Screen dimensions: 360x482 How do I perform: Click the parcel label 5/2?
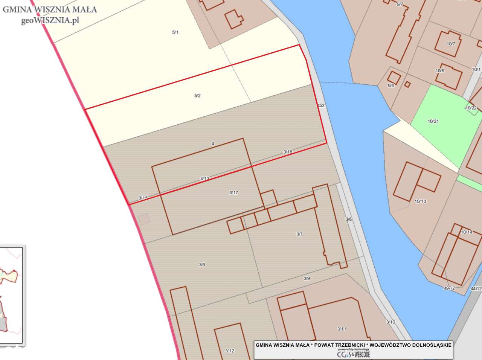pos(197,96)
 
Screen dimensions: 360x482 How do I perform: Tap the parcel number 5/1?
pos(175,32)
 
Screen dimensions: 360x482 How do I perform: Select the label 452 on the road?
pos(321,106)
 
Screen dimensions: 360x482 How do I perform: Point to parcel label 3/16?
pos(288,152)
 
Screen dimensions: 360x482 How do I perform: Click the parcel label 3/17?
pos(233,193)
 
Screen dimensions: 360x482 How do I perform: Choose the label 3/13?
pos(204,178)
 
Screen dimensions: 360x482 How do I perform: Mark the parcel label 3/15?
pos(143,198)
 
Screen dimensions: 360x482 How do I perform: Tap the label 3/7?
pos(299,234)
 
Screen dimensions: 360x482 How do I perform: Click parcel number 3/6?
pos(202,265)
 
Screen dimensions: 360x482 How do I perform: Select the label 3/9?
pos(307,278)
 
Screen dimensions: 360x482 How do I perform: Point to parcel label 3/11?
pos(342,329)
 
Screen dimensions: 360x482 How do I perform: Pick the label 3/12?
pos(230,351)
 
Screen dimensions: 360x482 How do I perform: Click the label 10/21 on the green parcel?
pos(433,121)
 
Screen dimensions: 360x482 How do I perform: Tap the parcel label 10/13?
pos(420,201)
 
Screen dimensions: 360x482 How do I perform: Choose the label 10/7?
pos(451,44)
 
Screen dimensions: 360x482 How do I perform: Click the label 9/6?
pos(391,85)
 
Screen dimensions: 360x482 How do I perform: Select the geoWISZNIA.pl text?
pos(50,20)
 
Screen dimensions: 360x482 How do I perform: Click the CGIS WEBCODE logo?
pos(353,354)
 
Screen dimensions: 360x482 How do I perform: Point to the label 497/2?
pos(450,288)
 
